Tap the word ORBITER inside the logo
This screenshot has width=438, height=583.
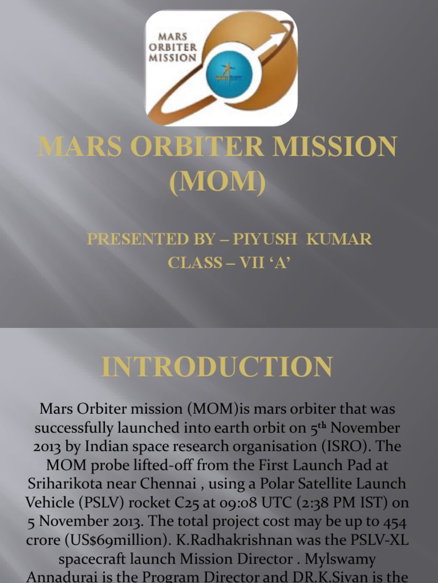click(177, 46)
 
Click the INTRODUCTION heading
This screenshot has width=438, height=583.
click(217, 367)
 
